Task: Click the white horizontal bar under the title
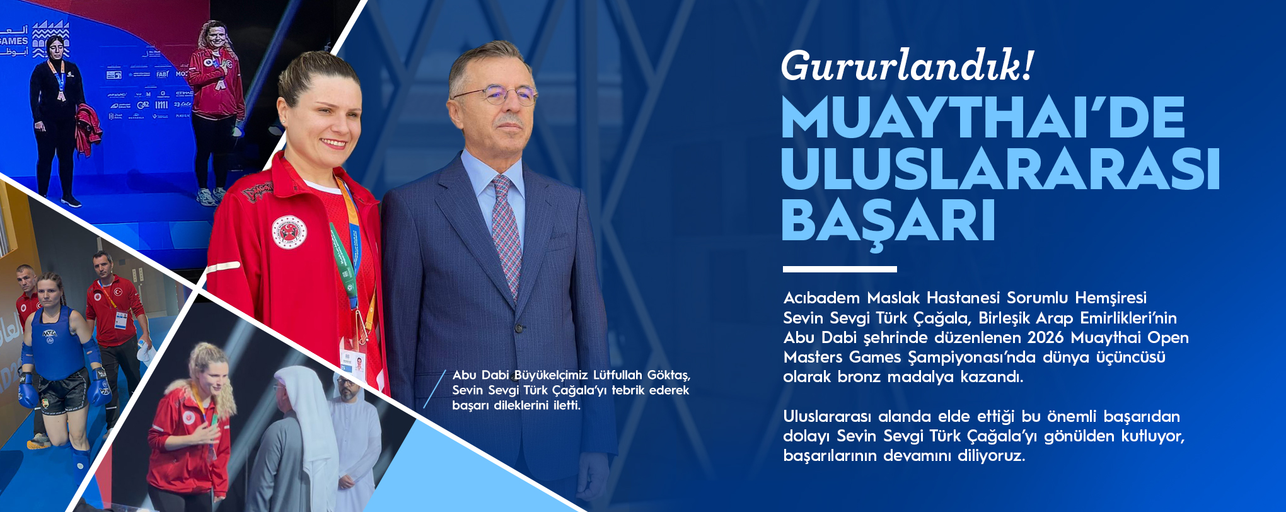pos(840,269)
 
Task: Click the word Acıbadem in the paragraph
pos(821,298)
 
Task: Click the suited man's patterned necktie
pos(507,233)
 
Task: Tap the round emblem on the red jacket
pos(289,231)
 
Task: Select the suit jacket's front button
pos(519,328)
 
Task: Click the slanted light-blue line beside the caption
pos(435,389)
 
